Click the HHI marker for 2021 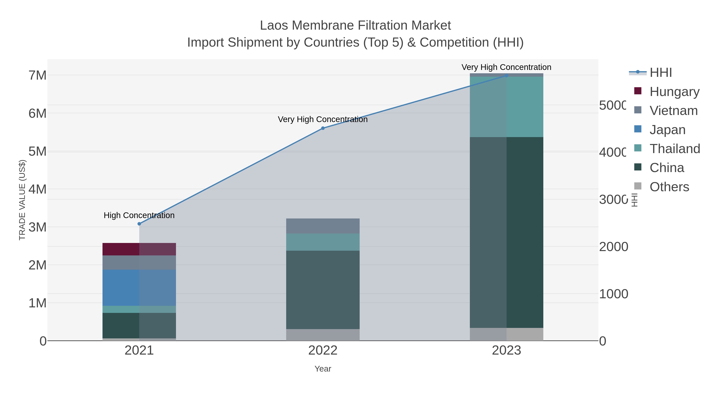139,224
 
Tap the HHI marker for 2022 323,128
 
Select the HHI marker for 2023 506,75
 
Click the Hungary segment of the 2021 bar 139,249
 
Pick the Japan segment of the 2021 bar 139,287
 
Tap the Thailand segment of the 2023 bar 506,107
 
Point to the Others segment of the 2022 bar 323,335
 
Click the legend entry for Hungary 674,91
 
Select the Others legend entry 669,187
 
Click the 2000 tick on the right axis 613,247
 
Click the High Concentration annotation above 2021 139,215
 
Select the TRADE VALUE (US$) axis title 22,200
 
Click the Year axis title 323,369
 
